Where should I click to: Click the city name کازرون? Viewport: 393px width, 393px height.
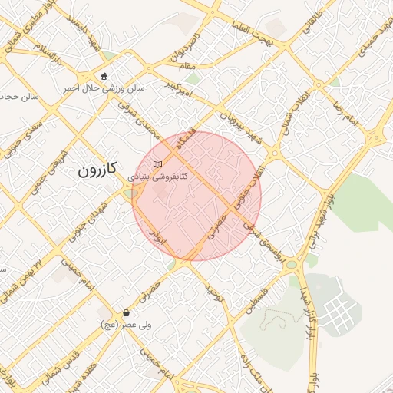click(97, 171)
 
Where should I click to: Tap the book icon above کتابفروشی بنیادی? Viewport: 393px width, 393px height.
click(157, 164)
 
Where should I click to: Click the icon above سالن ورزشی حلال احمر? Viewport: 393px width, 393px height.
click(104, 75)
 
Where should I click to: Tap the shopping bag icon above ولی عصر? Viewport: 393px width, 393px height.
click(127, 313)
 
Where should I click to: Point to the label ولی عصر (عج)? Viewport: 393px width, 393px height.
click(127, 325)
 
